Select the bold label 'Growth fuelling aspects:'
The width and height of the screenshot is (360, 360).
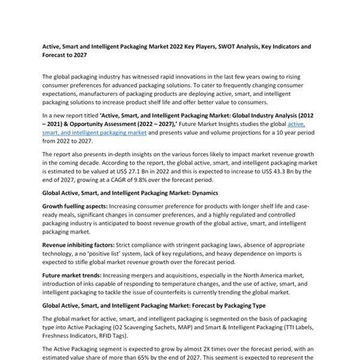click(74, 206)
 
